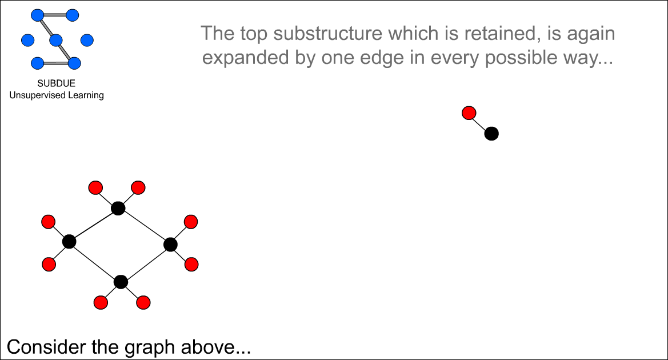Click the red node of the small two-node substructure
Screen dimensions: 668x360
click(x=469, y=113)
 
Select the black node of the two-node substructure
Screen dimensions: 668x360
click(x=491, y=134)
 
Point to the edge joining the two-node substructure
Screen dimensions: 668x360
click(x=480, y=123)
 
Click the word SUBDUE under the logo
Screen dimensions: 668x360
click(x=56, y=83)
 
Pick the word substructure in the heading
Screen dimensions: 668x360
click(x=327, y=33)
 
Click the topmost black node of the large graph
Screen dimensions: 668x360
click(x=118, y=209)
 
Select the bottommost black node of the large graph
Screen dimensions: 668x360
click(x=121, y=282)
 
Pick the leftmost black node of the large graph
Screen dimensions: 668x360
click(x=69, y=242)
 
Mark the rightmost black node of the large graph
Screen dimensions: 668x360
click(x=170, y=245)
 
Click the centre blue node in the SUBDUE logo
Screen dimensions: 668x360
click(x=56, y=41)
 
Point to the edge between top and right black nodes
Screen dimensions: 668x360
click(x=144, y=226)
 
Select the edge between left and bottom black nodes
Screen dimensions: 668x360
click(x=95, y=262)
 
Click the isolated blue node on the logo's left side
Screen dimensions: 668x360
click(x=27, y=41)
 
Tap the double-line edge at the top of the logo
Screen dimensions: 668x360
click(x=55, y=15)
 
